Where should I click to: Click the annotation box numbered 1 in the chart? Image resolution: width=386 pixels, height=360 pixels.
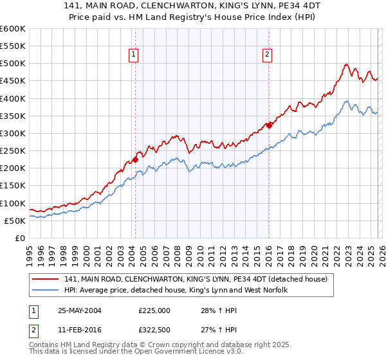point(134,55)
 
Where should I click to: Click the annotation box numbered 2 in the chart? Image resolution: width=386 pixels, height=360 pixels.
point(267,55)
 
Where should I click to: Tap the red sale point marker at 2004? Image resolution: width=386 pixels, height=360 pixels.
point(136,159)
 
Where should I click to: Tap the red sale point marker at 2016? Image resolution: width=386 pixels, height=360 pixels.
point(269,125)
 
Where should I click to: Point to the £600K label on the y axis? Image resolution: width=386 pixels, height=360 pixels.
point(12,29)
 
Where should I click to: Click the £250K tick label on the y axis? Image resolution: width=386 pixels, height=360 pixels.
point(12,150)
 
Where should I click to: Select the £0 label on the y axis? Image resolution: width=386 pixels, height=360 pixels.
point(19,238)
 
